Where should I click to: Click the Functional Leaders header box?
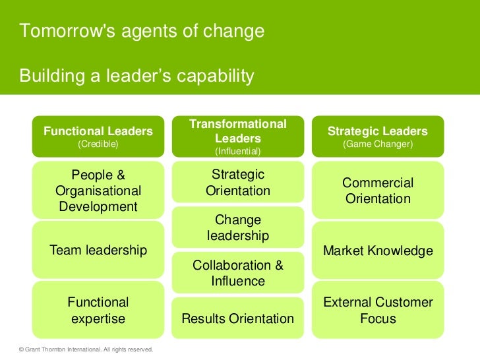[x=98, y=136]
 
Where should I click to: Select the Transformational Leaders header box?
[x=237, y=136]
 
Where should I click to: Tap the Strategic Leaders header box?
[x=378, y=136]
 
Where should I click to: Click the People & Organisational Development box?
[x=98, y=191]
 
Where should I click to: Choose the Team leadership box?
[x=98, y=251]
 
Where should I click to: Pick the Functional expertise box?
[x=98, y=311]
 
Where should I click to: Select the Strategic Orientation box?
[x=237, y=183]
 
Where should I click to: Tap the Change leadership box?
[x=237, y=227]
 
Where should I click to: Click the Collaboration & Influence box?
[x=237, y=273]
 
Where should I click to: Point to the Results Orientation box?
[x=237, y=319]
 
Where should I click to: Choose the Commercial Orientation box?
[x=378, y=191]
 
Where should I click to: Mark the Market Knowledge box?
[x=378, y=251]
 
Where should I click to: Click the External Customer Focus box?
[x=378, y=311]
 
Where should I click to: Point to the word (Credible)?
[x=98, y=144]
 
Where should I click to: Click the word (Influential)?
[x=237, y=152]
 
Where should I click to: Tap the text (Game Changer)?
[x=378, y=144]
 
